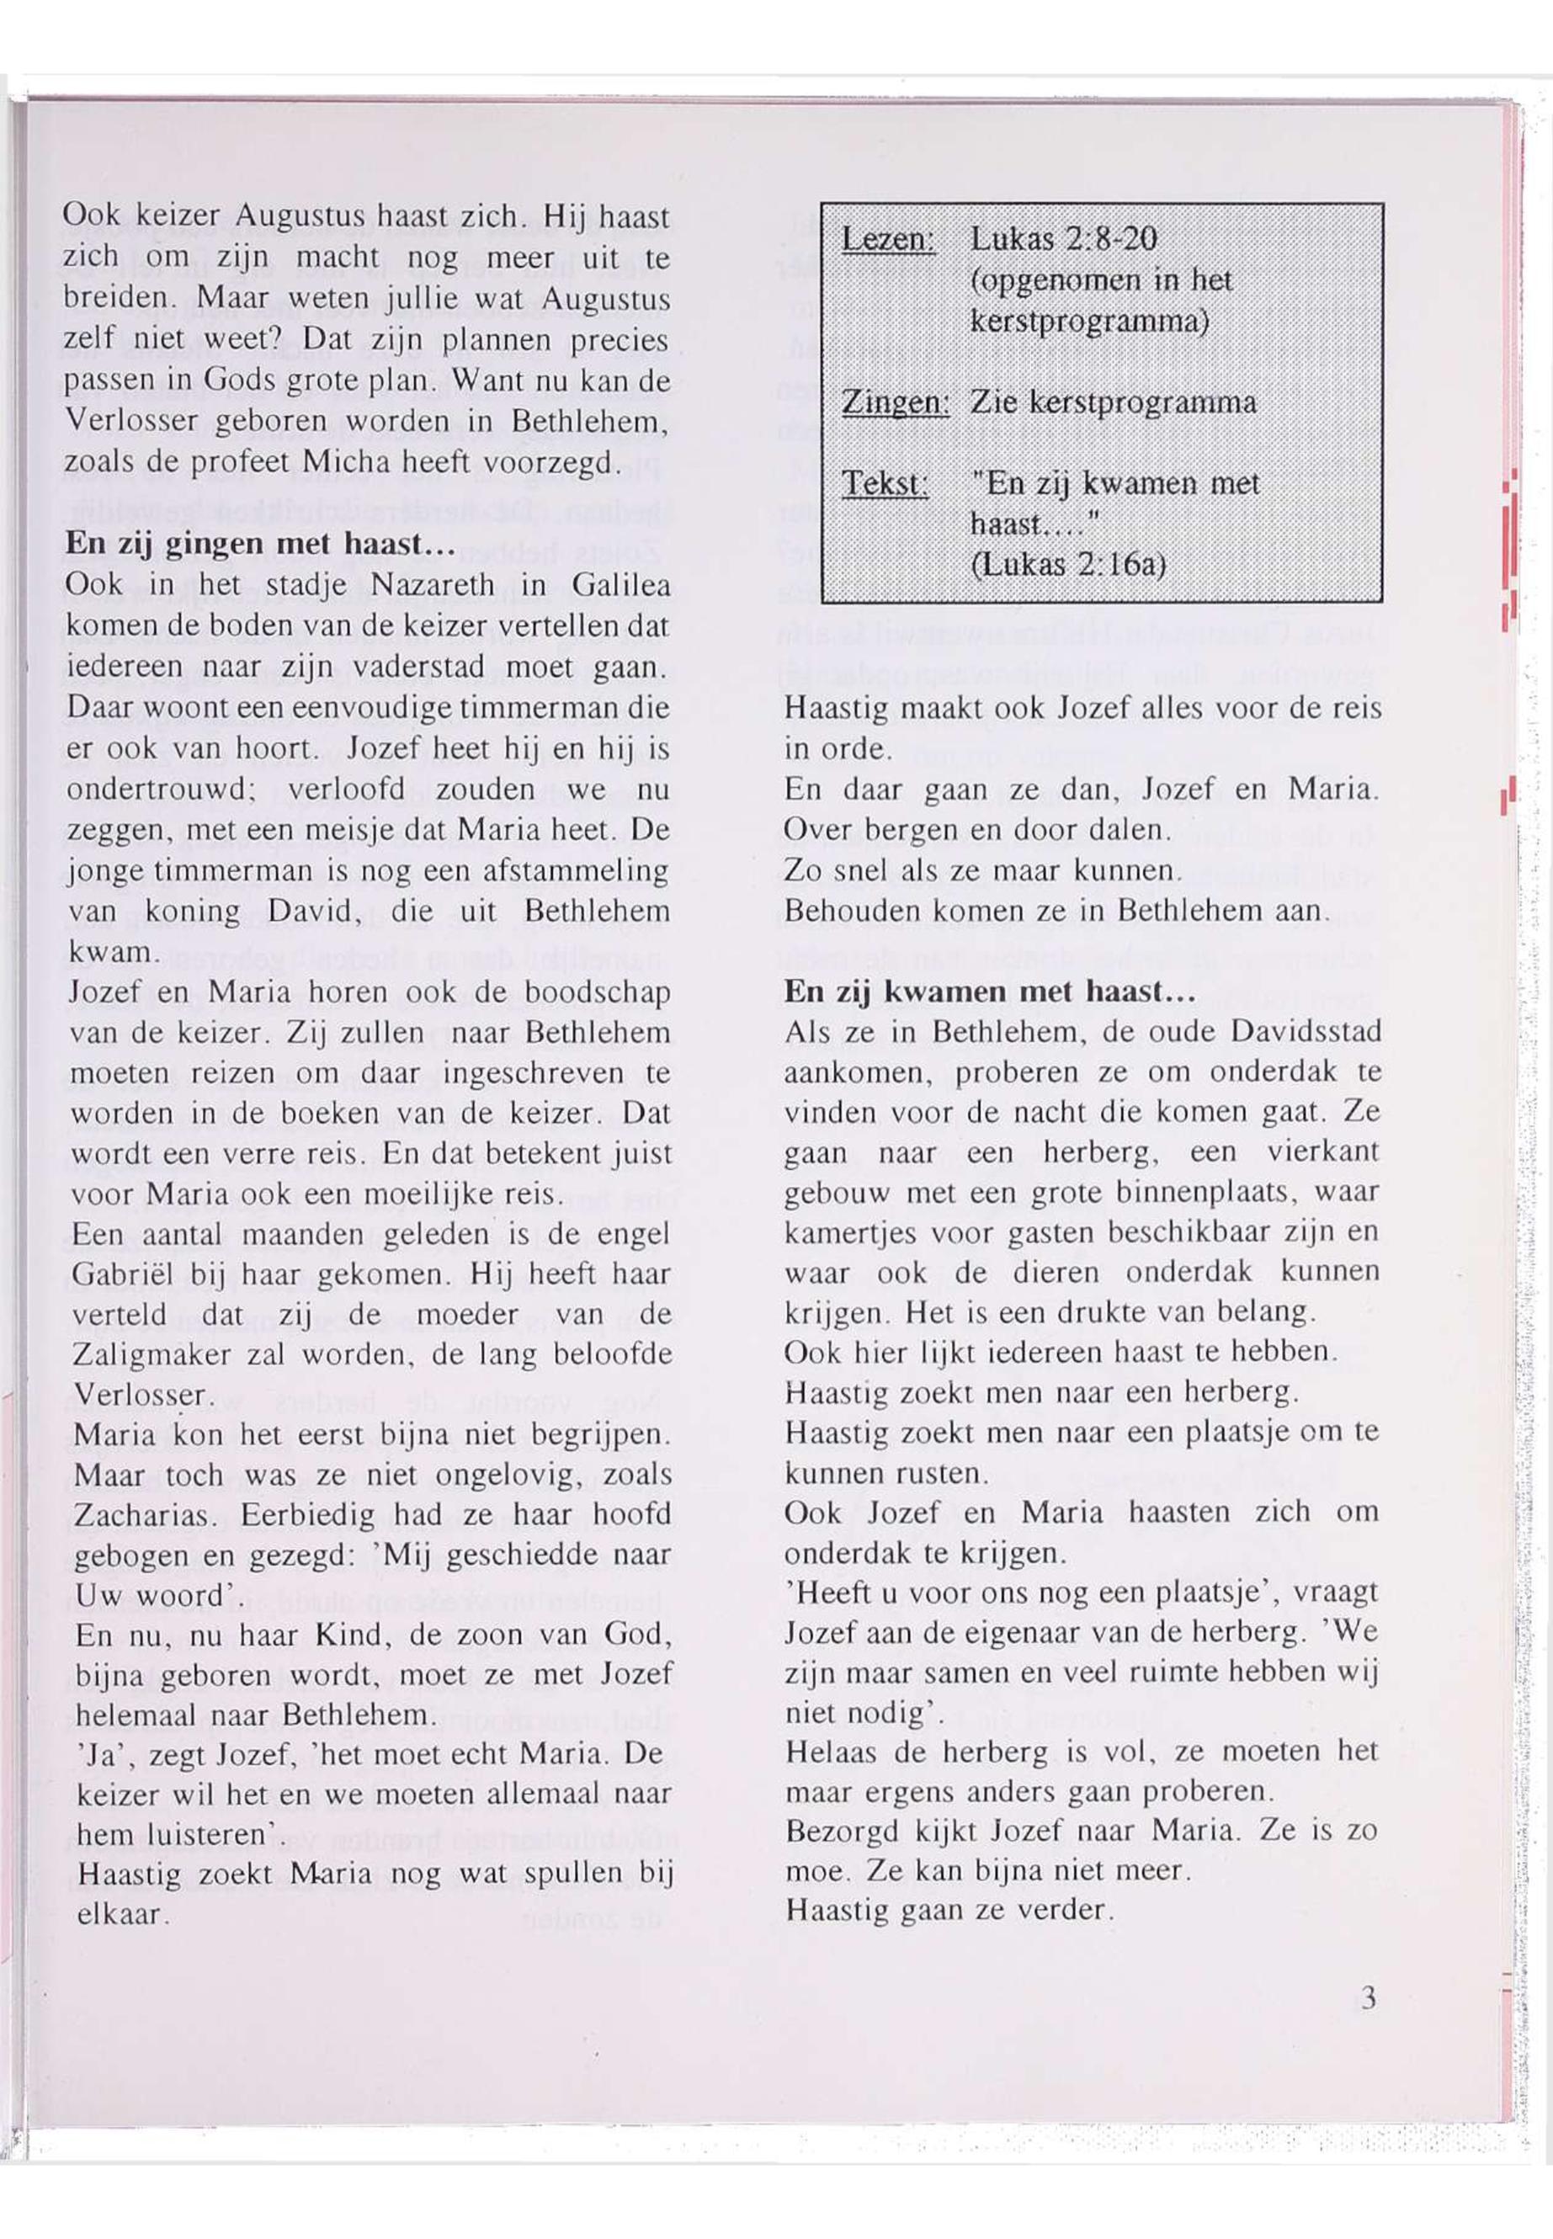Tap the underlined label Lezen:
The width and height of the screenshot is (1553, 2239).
(x=887, y=239)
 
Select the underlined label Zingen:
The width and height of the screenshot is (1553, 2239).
(x=894, y=403)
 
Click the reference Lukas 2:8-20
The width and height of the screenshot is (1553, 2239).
(x=1064, y=238)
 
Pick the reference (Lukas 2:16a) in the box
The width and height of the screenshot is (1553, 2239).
(x=1068, y=566)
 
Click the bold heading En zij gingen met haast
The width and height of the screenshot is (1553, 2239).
(x=260, y=544)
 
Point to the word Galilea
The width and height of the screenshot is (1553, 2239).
(x=620, y=586)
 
